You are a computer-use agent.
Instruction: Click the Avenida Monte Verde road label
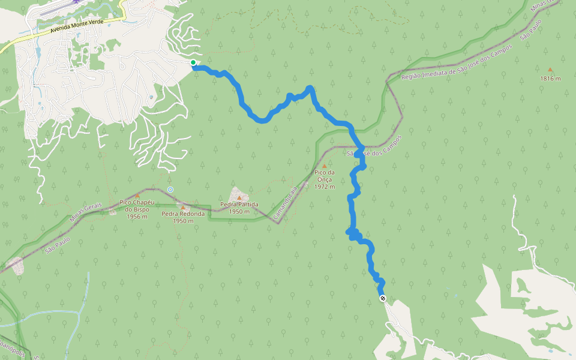77,25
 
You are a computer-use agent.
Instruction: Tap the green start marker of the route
193,62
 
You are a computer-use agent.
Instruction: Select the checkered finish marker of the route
382,298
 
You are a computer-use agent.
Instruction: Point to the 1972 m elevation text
324,186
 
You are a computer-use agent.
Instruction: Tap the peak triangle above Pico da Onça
325,166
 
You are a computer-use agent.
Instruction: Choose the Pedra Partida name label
239,205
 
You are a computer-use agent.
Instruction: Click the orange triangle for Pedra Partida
239,197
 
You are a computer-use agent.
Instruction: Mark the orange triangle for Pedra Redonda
183,207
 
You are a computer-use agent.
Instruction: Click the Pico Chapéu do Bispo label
137,206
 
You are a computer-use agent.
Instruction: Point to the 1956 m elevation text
137,217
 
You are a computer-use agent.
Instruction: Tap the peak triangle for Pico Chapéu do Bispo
137,196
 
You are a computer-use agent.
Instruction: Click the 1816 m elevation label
550,79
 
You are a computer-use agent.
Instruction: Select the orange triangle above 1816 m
550,70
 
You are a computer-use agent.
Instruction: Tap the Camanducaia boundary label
286,202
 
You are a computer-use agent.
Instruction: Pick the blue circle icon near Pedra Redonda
170,190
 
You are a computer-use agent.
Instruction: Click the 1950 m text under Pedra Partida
239,212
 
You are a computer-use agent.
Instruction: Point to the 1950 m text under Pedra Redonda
183,221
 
